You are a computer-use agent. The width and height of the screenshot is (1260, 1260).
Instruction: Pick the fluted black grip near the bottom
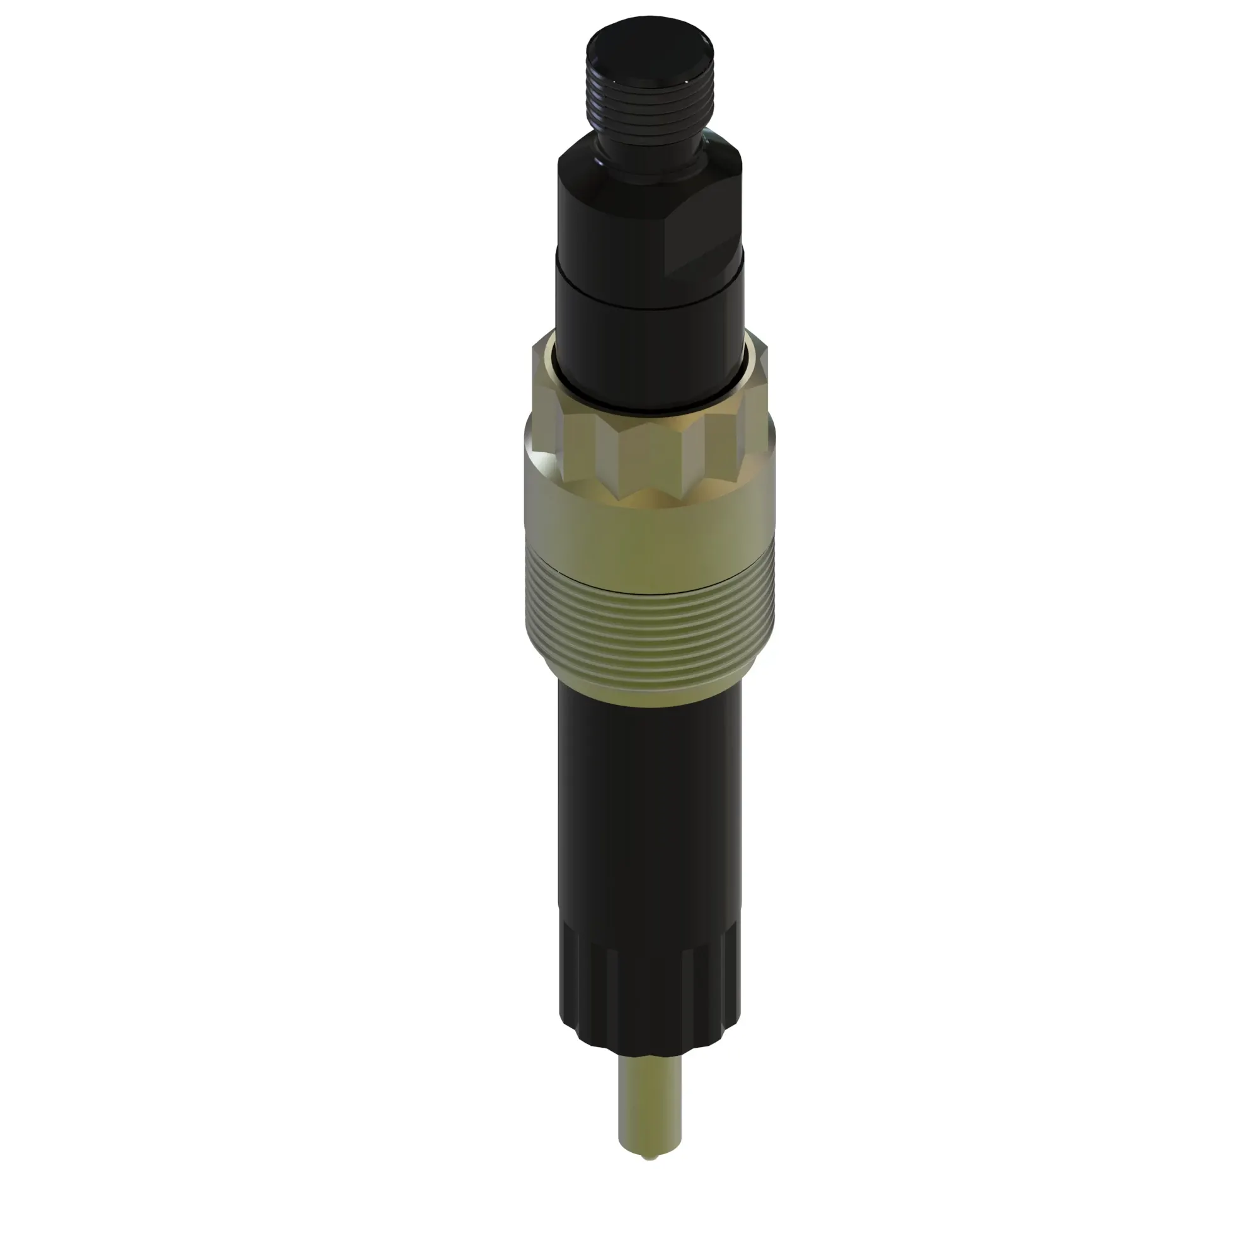(649, 978)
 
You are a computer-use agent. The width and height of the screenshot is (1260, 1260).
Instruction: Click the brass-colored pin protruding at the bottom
(650, 1122)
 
